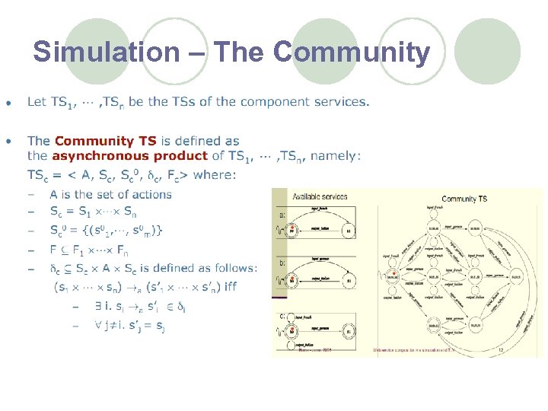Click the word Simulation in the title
[106, 53]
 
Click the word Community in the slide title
[351, 53]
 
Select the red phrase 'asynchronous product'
[129, 156]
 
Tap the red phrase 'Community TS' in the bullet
[105, 141]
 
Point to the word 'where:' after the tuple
[215, 175]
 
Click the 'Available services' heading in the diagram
[320, 196]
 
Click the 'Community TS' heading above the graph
[464, 199]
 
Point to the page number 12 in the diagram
[500, 350]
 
